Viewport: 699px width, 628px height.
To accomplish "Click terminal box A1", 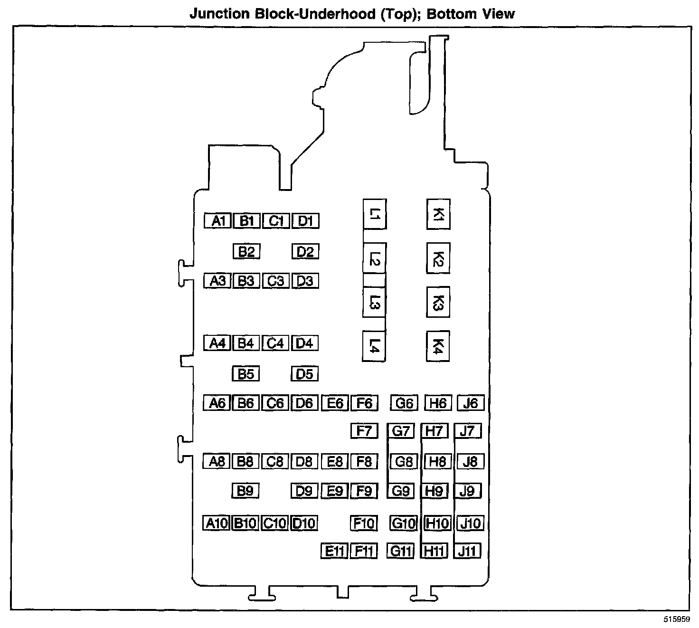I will coord(217,221).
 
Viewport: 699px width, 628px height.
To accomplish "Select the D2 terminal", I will coord(305,251).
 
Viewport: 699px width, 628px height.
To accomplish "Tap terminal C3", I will coord(275,281).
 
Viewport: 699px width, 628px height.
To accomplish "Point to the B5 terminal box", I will coord(246,374).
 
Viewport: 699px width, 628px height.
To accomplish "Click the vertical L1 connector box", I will coord(374,214).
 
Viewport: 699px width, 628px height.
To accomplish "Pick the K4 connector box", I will coord(438,346).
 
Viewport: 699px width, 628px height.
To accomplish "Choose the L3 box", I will coord(374,302).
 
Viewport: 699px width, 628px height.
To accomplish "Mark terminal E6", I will coord(335,403).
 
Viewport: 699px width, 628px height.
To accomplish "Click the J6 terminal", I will coord(470,403).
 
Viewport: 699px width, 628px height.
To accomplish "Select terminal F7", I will coord(364,431).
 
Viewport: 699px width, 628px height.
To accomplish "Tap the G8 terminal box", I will coord(404,461).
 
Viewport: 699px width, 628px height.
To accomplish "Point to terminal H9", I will coord(435,491).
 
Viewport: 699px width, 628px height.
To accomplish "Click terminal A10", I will coord(217,523).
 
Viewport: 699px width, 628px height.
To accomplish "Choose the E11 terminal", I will coord(334,551).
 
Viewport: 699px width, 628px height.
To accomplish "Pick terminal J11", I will coord(467,551).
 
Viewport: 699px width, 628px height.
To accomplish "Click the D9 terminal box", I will coord(304,491).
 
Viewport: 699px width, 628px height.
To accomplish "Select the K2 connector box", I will coord(438,258).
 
